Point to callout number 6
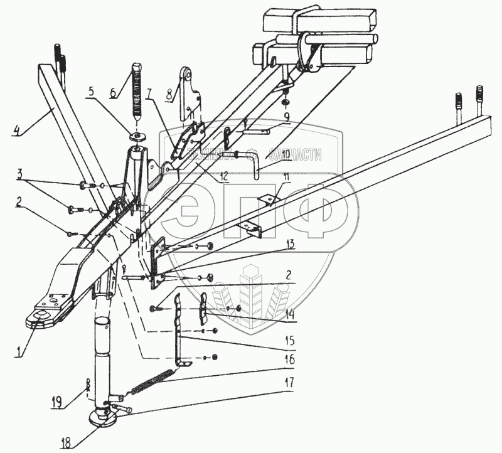[x=113, y=92]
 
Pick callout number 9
[x=286, y=117]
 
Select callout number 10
[x=277, y=154]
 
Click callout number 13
[x=290, y=245]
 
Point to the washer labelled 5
[x=136, y=136]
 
